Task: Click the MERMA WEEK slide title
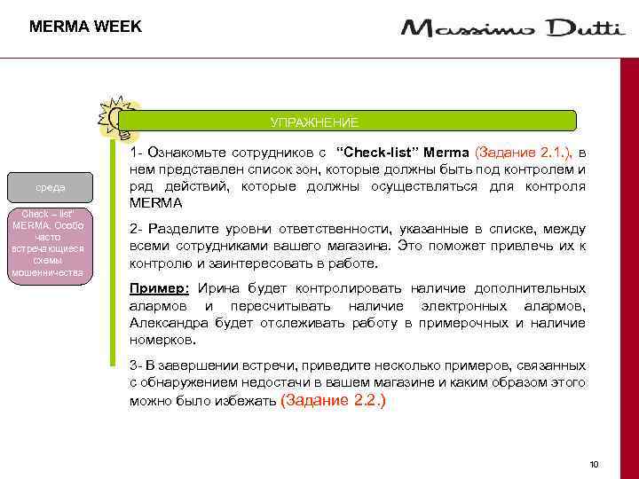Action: [85, 27]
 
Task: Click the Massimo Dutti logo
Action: [512, 29]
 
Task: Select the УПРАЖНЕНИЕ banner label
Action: [314, 122]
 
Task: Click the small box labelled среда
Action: [50, 188]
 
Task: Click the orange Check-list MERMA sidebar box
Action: [48, 244]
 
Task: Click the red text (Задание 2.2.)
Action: [333, 400]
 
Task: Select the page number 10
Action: [594, 464]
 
